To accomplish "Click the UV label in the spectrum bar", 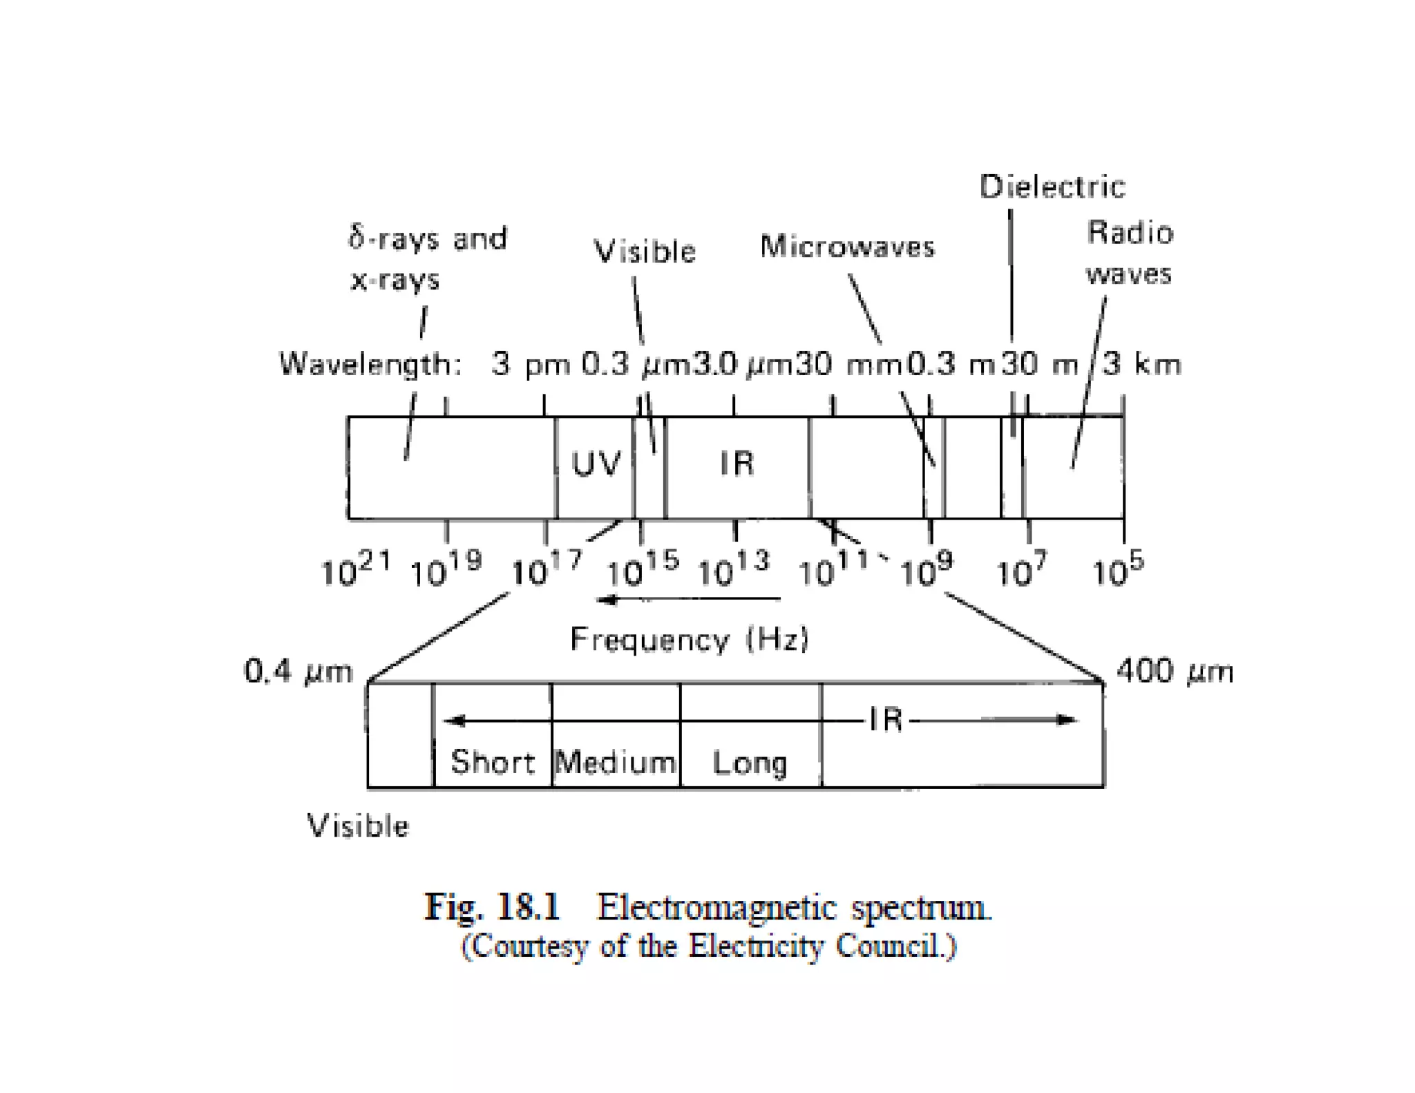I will click(596, 464).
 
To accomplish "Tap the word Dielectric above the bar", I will click(1052, 187).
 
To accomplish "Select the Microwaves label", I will click(847, 247).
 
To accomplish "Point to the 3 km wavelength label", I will click(1142, 364).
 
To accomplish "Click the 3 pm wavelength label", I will click(531, 364).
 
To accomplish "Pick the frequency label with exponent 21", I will click(355, 569).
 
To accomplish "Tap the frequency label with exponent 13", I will click(733, 569).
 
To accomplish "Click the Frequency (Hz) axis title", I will click(689, 639).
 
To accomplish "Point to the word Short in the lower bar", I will click(492, 762).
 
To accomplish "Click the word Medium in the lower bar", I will click(615, 763).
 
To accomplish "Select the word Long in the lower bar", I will click(750, 763).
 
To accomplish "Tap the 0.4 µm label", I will click(298, 671).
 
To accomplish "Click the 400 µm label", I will click(1175, 671).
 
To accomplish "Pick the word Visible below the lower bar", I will click(358, 826).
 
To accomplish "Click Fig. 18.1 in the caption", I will click(492, 906).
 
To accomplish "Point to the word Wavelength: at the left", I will click(370, 364).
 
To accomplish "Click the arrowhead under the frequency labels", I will click(606, 599).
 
